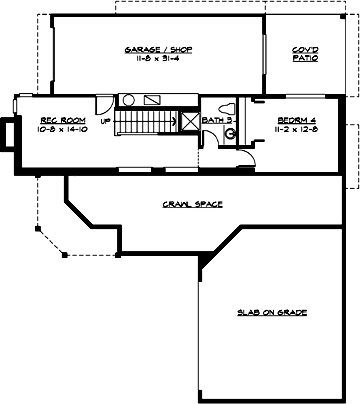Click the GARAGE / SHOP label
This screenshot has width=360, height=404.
[158, 49]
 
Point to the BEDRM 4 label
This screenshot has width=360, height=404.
[293, 121]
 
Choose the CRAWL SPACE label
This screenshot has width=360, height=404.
[191, 204]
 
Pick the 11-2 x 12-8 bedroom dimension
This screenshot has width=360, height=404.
[293, 130]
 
